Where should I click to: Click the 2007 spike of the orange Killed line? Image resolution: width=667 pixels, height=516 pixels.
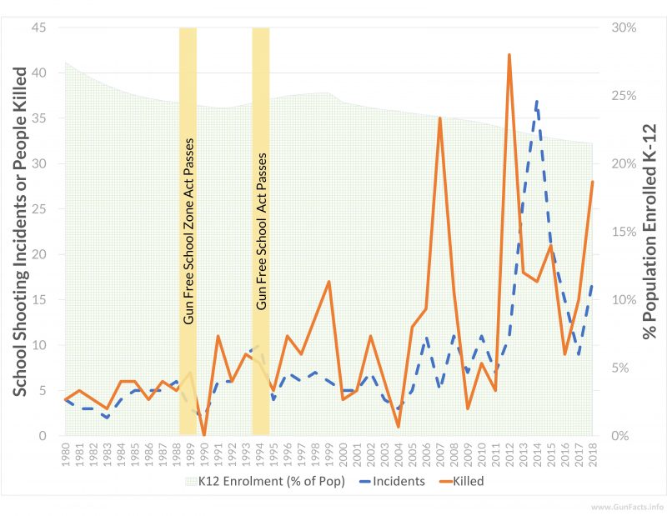coord(439,118)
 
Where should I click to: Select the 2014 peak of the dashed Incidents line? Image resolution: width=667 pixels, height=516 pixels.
coord(536,101)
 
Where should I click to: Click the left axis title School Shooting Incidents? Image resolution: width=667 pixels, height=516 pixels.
coord(18,232)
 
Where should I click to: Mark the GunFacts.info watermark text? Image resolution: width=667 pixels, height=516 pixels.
coord(626,507)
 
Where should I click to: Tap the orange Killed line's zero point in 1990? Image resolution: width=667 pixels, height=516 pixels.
coord(203,434)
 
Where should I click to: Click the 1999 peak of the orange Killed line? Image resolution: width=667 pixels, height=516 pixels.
coord(328,282)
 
